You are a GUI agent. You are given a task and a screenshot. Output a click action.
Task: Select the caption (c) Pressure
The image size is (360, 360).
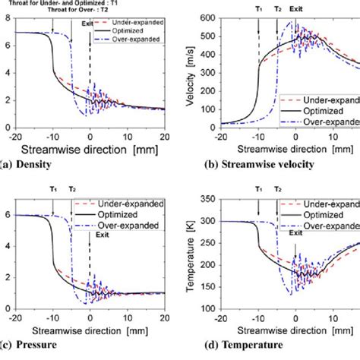click(x=29, y=346)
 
